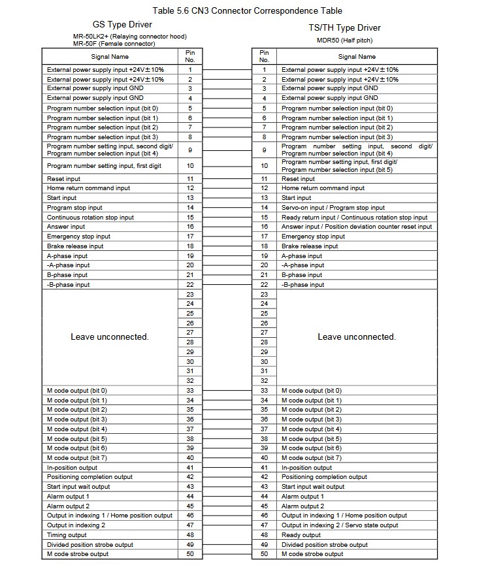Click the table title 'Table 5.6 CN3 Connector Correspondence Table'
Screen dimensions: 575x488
click(247, 11)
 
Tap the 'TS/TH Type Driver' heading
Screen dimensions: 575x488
click(344, 28)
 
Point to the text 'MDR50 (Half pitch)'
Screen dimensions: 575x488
click(344, 40)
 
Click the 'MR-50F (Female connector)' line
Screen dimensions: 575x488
click(114, 44)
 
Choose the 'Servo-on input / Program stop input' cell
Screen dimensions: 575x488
click(333, 208)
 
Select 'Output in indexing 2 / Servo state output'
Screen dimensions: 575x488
click(340, 525)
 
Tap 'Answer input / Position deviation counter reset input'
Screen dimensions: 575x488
click(357, 227)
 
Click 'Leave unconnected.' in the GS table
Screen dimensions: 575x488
click(110, 337)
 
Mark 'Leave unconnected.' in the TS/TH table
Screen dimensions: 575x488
click(357, 337)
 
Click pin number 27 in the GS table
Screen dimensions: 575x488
click(190, 333)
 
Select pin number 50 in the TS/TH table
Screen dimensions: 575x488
click(265, 554)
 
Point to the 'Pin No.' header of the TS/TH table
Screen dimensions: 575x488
click(265, 56)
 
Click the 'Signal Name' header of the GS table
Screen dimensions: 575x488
click(110, 57)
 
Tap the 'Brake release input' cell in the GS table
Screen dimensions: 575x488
click(75, 246)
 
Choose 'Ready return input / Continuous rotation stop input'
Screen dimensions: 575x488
click(355, 218)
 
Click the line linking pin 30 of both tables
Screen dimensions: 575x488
click(227, 362)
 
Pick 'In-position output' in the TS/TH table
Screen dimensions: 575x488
click(306, 468)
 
